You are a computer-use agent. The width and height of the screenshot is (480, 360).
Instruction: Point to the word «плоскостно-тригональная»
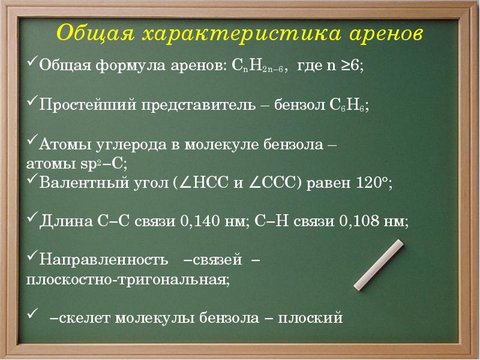(127, 280)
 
